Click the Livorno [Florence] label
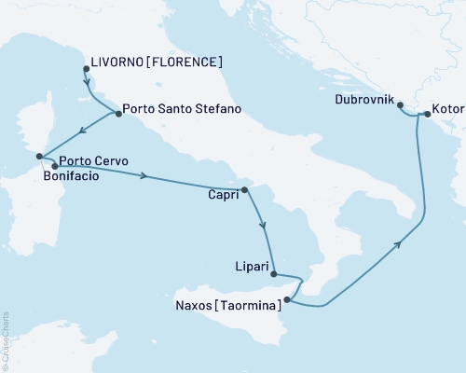[x=158, y=62]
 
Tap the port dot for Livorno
[x=85, y=68]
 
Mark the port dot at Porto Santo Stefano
[x=118, y=114]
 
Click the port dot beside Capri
[x=244, y=190]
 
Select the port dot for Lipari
[x=273, y=273]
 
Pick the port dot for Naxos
[x=287, y=300]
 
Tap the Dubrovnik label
[x=363, y=98]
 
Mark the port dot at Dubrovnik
[x=400, y=104]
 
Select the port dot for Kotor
[x=427, y=115]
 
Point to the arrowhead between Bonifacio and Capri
[x=144, y=174]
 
